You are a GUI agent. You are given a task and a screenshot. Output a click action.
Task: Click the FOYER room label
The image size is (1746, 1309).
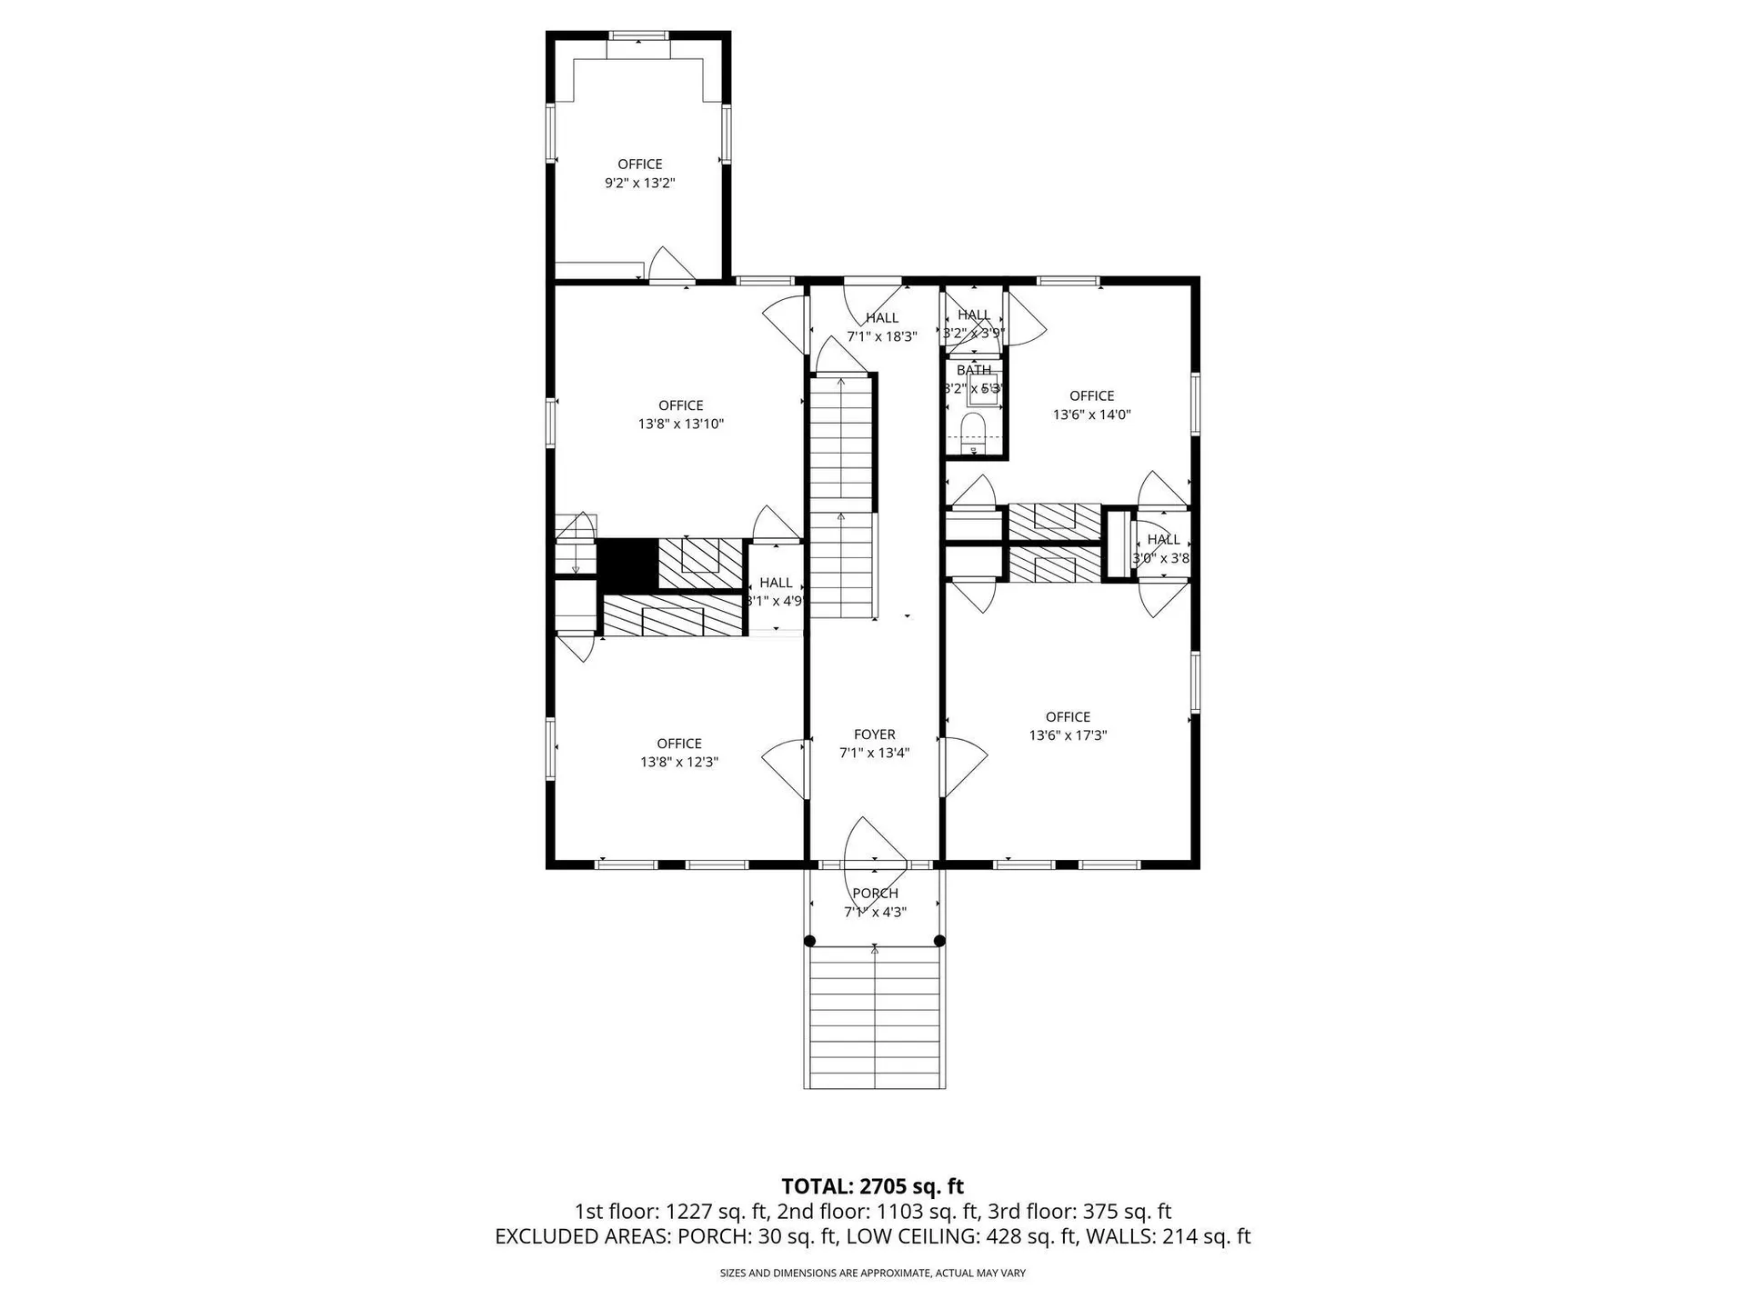click(x=874, y=734)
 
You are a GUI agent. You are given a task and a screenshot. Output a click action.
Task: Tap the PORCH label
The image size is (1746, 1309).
click(x=875, y=894)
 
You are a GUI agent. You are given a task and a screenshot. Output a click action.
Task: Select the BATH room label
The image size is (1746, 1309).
click(x=973, y=371)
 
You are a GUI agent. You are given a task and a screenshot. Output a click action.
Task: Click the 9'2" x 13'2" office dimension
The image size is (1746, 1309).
click(x=639, y=183)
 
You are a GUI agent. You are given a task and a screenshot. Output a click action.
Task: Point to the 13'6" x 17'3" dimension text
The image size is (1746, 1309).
click(x=1067, y=735)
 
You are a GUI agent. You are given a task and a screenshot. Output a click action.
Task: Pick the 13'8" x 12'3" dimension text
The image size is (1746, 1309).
click(x=678, y=762)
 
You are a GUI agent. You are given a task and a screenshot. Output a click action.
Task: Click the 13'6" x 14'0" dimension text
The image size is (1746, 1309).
click(x=1091, y=415)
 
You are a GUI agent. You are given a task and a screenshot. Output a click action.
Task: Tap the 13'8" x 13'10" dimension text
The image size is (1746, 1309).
click(x=680, y=424)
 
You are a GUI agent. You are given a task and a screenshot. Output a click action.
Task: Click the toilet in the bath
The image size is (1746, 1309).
click(x=973, y=430)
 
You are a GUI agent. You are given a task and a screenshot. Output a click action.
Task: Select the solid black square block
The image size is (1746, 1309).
click(x=627, y=564)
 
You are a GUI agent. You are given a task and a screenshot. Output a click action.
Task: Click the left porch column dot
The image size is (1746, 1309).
click(x=810, y=942)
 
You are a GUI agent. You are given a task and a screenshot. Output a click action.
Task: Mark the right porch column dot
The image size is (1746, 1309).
click(x=939, y=942)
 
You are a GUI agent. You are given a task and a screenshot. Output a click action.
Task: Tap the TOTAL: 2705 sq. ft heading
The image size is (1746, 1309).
click(x=872, y=1186)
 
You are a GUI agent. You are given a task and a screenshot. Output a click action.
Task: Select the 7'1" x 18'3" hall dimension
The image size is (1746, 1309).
click(x=881, y=336)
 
